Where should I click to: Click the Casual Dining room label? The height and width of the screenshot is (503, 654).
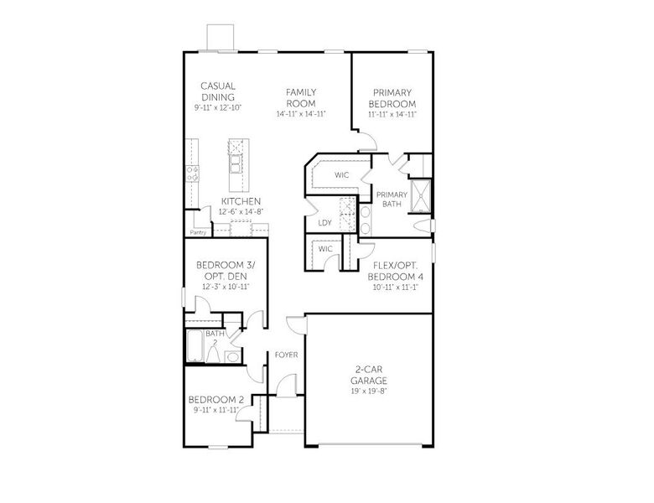pos(217,91)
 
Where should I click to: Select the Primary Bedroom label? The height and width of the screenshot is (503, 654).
pos(392,98)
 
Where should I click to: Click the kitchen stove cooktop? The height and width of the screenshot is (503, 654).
pos(191,174)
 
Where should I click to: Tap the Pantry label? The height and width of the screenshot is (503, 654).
pos(199,232)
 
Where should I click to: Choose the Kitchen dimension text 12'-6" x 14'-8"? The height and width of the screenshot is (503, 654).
pos(241,212)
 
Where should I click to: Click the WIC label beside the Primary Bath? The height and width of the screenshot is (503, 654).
pos(341,175)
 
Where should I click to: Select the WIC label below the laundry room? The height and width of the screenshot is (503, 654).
pos(325,249)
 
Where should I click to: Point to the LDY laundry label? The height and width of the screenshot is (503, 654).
pos(324,223)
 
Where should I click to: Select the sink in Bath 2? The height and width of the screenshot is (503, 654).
pos(231,355)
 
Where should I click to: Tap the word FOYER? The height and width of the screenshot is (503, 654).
pos(287,355)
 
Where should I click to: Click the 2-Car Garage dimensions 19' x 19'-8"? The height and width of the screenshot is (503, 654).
pos(368,391)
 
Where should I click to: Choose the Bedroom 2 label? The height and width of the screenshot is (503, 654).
pos(215,400)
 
